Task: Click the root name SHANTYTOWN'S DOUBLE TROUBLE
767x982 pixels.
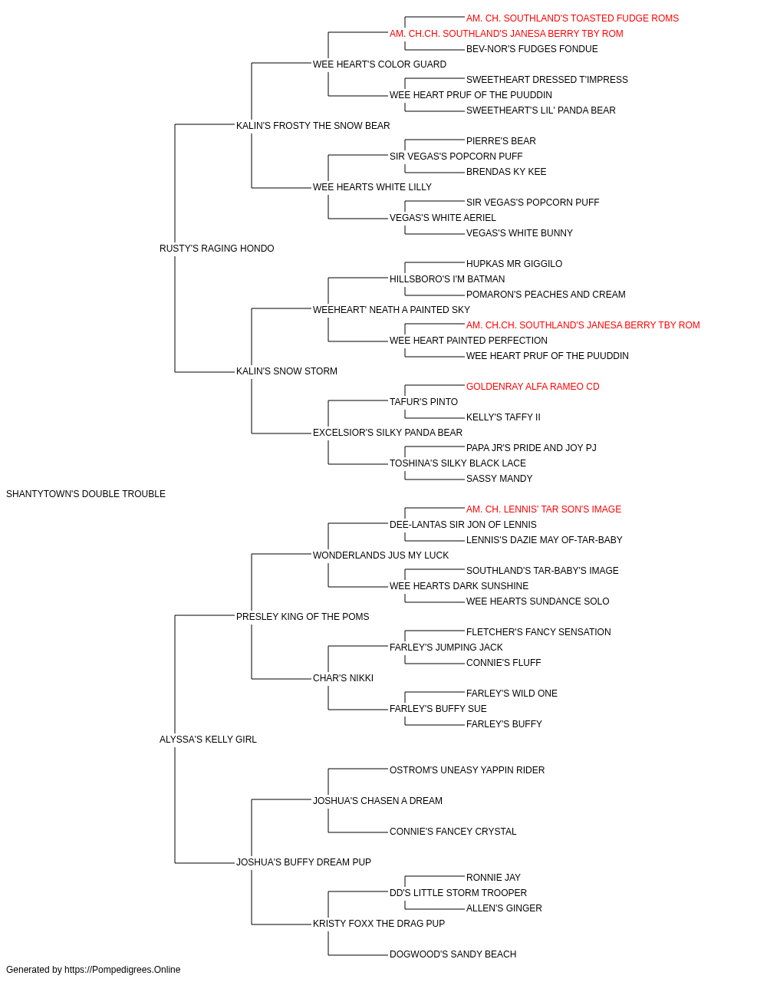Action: click(86, 494)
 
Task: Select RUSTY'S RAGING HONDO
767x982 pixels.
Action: click(217, 249)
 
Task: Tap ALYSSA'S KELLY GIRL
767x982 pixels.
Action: click(208, 740)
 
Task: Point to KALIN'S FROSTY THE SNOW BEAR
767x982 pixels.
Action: click(313, 126)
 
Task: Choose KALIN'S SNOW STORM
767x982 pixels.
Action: click(287, 371)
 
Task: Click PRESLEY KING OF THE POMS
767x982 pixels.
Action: click(303, 616)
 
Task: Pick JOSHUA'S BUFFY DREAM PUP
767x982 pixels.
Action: click(304, 862)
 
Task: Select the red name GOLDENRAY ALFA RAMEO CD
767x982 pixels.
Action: click(533, 387)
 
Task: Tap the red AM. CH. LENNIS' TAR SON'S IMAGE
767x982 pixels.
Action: click(544, 509)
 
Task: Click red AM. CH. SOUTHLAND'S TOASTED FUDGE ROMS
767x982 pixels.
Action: click(573, 18)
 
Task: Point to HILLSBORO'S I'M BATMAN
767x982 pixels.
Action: click(447, 278)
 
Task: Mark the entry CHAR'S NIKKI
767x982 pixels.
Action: click(344, 678)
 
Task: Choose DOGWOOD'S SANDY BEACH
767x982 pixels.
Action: click(453, 954)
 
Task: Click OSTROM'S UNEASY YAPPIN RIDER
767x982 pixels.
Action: click(467, 770)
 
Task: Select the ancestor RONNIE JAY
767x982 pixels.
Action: click(494, 877)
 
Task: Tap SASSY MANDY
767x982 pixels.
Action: click(499, 479)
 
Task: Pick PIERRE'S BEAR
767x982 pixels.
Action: click(502, 141)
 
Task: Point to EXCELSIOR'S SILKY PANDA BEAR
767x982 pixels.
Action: click(387, 433)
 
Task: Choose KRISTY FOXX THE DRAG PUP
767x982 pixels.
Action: click(379, 923)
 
